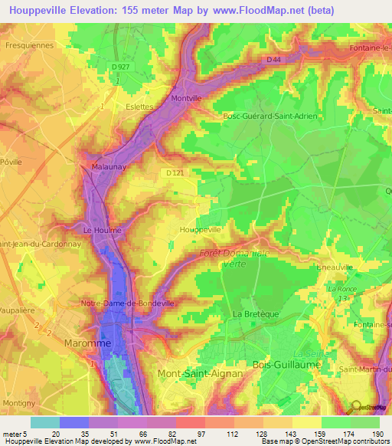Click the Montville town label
[187, 99]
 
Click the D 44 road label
[275, 59]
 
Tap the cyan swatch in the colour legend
[45, 422]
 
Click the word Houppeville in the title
[38, 10]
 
